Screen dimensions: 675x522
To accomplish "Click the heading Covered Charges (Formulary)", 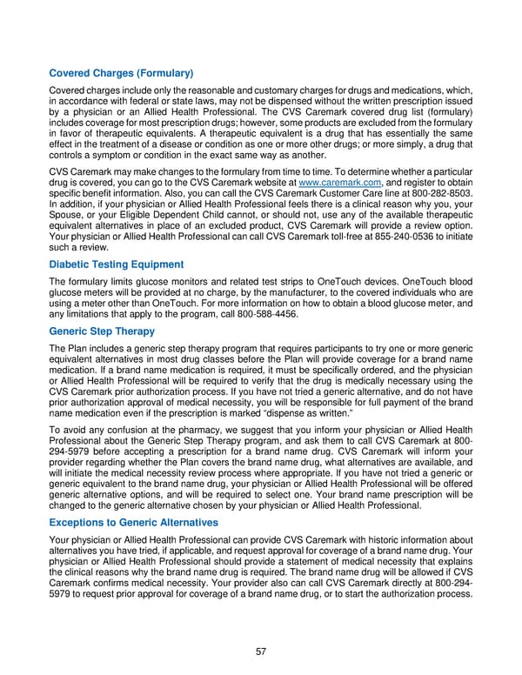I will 121,74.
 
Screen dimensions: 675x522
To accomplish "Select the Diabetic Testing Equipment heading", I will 117,264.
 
